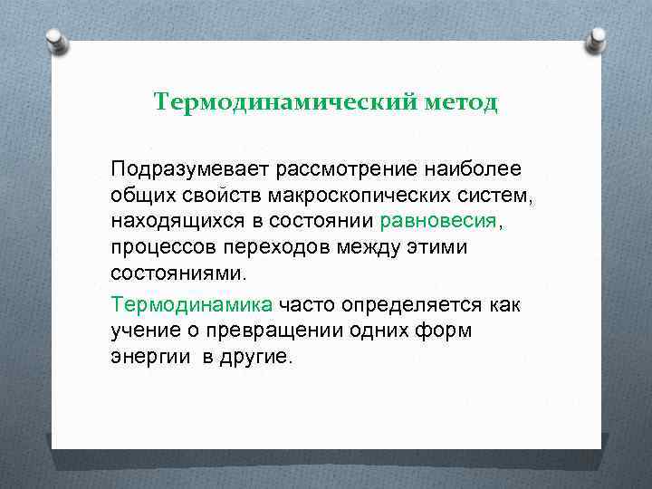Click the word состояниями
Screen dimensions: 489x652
click(177, 273)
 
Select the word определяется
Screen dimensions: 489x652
click(407, 305)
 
